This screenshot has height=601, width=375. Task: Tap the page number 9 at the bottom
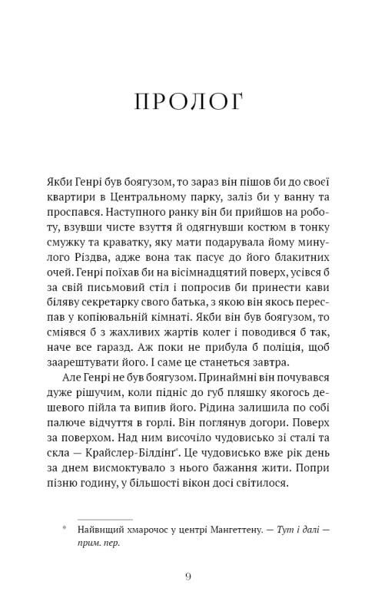click(x=187, y=576)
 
